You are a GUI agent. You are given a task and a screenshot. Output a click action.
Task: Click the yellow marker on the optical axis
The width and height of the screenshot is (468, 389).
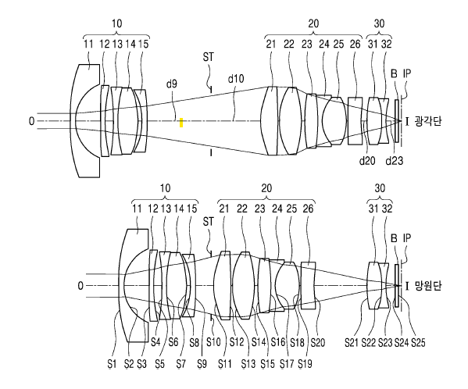pyautogui.click(x=181, y=123)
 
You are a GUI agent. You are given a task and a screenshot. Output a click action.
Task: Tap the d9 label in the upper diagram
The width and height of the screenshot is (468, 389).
pyautogui.click(x=172, y=84)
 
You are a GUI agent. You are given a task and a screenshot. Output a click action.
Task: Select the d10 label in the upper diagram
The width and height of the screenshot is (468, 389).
pyautogui.click(x=236, y=79)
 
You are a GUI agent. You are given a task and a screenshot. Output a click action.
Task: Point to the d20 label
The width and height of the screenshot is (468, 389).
pyautogui.click(x=367, y=161)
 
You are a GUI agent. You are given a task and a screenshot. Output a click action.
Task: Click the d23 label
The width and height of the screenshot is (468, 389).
pyautogui.click(x=395, y=161)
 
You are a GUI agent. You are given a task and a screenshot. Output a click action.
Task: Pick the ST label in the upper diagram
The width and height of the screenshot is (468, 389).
pyautogui.click(x=209, y=57)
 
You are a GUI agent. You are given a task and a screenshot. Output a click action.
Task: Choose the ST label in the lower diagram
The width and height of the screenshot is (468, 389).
pyautogui.click(x=209, y=222)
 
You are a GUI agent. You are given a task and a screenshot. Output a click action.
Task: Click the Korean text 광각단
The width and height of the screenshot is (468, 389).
pyautogui.click(x=428, y=121)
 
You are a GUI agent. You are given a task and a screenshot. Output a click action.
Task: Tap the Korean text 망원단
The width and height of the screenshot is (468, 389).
pyautogui.click(x=428, y=286)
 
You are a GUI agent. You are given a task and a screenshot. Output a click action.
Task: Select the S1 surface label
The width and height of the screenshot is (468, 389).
pyautogui.click(x=112, y=364)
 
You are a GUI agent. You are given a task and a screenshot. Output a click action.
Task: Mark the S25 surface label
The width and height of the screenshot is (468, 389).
pyautogui.click(x=418, y=342)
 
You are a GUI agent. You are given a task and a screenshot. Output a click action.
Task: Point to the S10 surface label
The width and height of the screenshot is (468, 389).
pyautogui.click(x=213, y=342)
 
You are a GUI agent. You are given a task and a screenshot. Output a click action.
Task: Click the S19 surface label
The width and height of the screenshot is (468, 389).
pyautogui.click(x=305, y=364)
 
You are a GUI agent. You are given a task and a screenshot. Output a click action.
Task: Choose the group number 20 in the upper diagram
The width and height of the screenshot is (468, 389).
pyautogui.click(x=313, y=23)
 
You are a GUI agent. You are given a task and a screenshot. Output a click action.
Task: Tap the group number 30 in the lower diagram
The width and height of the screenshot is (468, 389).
pyautogui.click(x=380, y=188)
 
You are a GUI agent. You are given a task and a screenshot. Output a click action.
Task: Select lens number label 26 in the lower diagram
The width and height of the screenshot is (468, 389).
pyautogui.click(x=309, y=209)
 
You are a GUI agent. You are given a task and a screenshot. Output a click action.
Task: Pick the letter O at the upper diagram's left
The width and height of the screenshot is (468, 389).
pyautogui.click(x=31, y=121)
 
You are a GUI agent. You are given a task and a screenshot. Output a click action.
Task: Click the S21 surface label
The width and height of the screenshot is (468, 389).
pyautogui.click(x=352, y=342)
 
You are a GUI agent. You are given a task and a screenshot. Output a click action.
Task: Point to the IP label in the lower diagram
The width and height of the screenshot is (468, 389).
pyautogui.click(x=407, y=238)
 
